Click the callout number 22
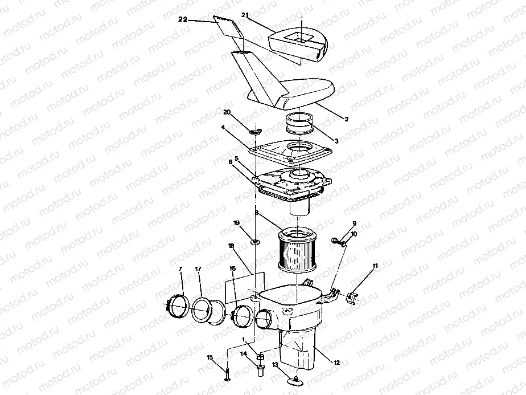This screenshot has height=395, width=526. tap(183, 19)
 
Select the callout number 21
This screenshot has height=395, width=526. tap(245, 14)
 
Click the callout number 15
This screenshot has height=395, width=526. tap(209, 357)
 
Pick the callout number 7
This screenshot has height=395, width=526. tap(180, 268)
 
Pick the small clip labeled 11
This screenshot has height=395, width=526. tap(352, 296)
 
